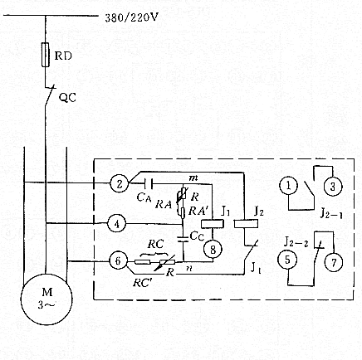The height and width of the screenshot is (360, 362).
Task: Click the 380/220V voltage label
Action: pyautogui.click(x=137, y=17)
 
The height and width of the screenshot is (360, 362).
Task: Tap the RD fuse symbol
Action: pyautogui.click(x=45, y=56)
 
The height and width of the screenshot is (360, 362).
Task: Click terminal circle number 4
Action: pyautogui.click(x=118, y=222)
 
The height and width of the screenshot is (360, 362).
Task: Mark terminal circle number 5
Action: pyautogui.click(x=286, y=260)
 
